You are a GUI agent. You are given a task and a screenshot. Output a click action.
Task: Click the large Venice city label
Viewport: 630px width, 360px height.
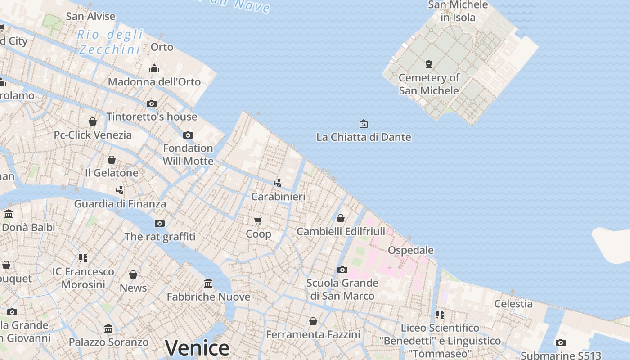197,348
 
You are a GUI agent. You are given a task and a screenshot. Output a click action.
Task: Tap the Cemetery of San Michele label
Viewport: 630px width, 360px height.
429,84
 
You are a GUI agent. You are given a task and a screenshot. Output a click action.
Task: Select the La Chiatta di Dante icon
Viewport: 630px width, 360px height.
363,124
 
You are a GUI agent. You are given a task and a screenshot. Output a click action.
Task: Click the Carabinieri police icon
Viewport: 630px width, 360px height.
278,183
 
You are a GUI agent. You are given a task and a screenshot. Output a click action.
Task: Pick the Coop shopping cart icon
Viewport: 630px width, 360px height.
258,220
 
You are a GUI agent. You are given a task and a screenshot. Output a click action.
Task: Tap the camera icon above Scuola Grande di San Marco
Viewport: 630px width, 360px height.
342,270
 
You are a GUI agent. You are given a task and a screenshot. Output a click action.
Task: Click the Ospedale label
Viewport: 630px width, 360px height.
410,250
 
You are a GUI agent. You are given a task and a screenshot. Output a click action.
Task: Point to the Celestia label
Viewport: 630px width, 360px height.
513,304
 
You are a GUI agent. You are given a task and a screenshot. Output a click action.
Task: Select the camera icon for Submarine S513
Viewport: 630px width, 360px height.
560,342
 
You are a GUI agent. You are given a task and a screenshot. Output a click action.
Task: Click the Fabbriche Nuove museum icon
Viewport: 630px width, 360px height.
208,283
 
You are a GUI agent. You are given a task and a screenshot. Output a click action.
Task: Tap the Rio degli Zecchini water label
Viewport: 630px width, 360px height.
110,41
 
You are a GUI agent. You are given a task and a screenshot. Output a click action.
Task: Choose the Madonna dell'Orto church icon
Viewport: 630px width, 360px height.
154,69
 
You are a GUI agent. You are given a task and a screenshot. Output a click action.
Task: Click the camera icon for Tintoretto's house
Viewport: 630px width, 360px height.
152,103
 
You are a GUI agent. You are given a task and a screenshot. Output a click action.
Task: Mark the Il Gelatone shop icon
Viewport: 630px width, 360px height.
112,160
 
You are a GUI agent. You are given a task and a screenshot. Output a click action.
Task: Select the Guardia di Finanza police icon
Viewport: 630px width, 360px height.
120,190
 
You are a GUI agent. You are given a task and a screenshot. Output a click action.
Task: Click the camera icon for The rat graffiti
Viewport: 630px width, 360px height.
160,223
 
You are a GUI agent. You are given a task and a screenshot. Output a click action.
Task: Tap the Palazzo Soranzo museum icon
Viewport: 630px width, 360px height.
108,329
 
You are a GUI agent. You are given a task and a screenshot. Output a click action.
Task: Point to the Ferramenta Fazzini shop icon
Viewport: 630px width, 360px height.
313,321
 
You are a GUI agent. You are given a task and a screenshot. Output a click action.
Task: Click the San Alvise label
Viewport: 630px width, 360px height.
90,17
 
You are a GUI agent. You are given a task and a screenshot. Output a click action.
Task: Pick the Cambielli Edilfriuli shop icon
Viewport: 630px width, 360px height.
341,218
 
